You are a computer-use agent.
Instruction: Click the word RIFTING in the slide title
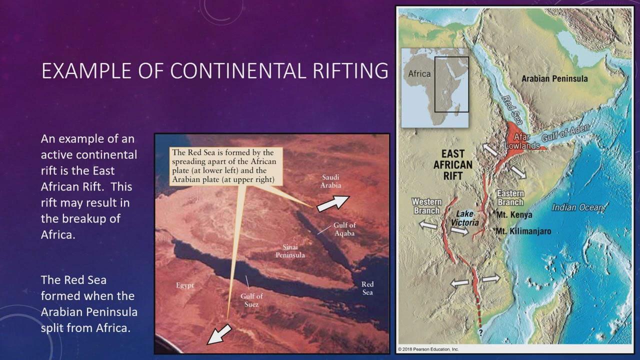[x=350, y=70]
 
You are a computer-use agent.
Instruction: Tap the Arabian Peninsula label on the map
[x=554, y=78]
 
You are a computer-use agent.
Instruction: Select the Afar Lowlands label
[x=522, y=141]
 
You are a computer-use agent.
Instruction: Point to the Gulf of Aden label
[x=565, y=133]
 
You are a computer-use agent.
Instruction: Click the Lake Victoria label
[x=464, y=218]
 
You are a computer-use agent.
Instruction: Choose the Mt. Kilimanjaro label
[x=523, y=231]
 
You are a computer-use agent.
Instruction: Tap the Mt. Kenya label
[x=514, y=214]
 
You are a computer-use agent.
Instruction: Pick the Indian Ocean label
[x=577, y=207]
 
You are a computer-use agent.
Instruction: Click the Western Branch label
[x=427, y=206]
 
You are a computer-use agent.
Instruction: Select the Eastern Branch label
[x=510, y=197]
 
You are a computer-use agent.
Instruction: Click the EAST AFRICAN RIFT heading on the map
[x=453, y=165]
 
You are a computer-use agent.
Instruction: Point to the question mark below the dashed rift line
[x=481, y=332]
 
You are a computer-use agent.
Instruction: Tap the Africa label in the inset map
[x=419, y=73]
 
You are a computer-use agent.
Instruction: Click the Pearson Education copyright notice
[x=428, y=349]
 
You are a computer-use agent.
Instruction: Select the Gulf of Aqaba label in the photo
[x=344, y=229]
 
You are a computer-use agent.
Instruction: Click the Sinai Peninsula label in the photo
[x=290, y=251]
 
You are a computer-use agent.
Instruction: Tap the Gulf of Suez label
[x=251, y=300]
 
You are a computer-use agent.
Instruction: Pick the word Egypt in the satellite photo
[x=185, y=285]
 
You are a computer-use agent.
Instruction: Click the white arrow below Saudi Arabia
[x=333, y=203]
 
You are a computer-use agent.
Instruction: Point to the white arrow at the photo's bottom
[x=219, y=334]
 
